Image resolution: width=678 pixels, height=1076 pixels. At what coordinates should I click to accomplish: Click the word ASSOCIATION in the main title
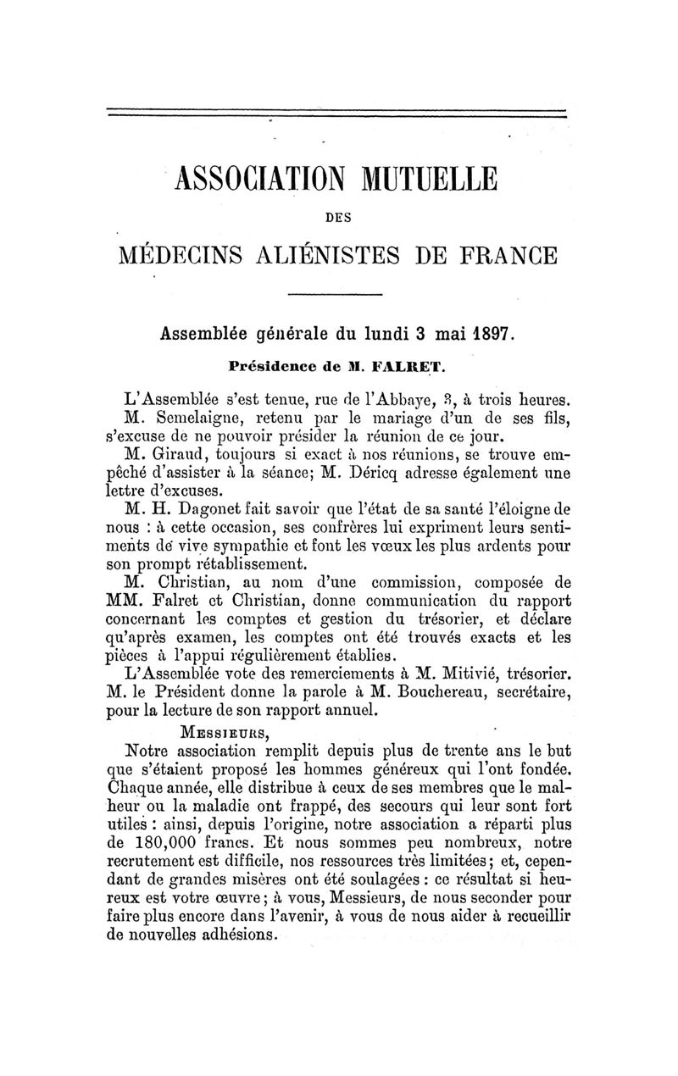point(258,180)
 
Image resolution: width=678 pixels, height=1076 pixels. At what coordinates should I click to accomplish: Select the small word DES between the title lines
point(339,217)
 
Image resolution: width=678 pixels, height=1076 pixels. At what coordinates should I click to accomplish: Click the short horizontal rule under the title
point(336,295)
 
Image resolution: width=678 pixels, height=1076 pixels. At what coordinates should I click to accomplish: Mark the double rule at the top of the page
point(336,113)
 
